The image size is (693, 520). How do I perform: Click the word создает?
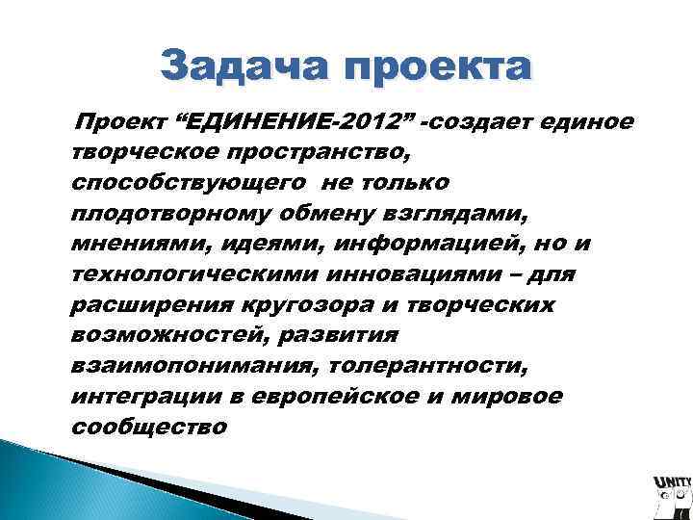(x=482, y=122)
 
